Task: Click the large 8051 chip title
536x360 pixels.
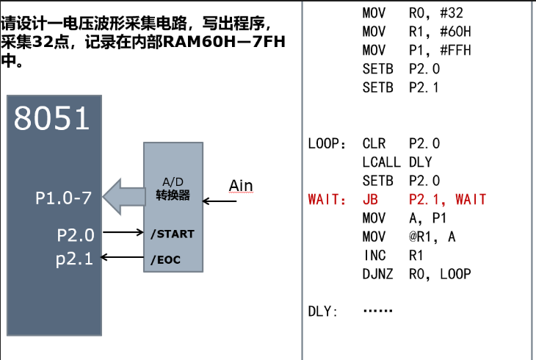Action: click(51, 118)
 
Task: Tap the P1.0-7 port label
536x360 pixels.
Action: click(64, 198)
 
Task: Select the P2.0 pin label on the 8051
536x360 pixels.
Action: click(76, 235)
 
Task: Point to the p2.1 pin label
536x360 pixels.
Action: click(74, 259)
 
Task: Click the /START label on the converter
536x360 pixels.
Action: click(173, 234)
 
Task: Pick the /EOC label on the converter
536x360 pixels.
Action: click(165, 260)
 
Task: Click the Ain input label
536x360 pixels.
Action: click(241, 186)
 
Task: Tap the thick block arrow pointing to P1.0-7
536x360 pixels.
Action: click(124, 197)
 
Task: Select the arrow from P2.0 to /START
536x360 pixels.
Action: click(123, 232)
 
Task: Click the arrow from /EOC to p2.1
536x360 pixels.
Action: click(122, 257)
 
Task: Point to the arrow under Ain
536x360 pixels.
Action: click(220, 201)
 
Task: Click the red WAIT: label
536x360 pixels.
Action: click(327, 199)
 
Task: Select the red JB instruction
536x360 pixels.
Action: click(370, 199)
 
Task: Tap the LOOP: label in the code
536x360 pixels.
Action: click(327, 144)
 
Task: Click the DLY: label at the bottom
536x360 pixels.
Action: click(322, 312)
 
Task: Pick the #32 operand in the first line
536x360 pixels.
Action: click(452, 13)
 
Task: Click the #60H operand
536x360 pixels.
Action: click(455, 32)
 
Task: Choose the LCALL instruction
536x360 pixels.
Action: click(382, 162)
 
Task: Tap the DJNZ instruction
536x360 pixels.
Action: click(377, 274)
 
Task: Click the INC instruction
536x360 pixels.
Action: click(375, 256)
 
